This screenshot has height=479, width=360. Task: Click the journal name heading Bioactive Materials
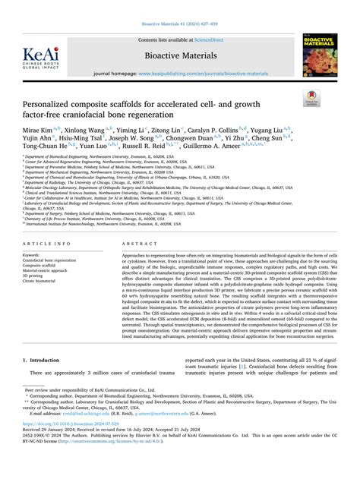tap(179, 55)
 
